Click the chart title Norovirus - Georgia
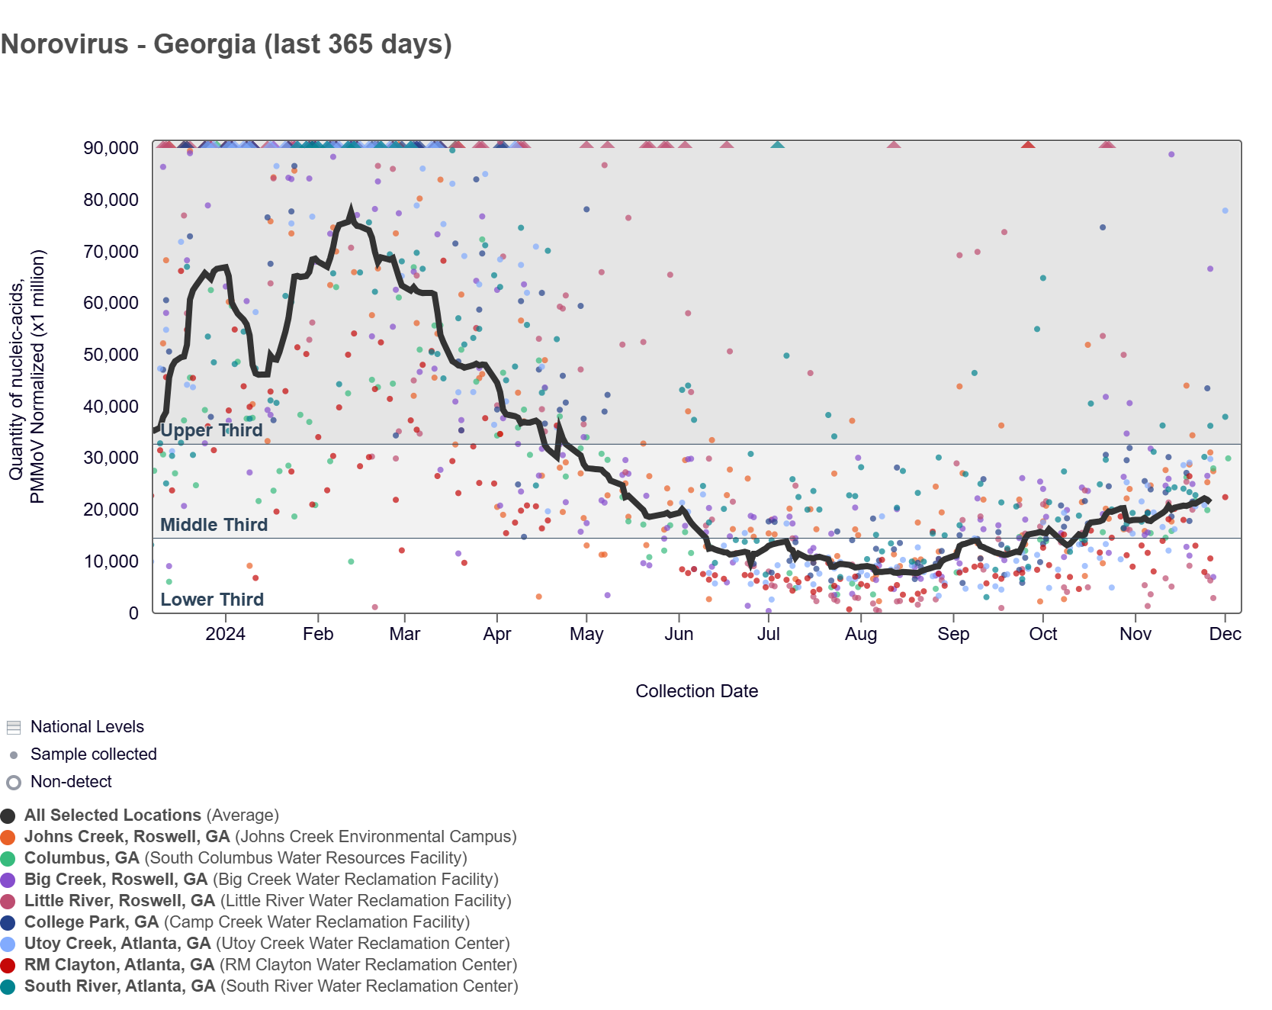point(226,44)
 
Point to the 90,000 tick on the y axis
point(111,148)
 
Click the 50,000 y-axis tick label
point(111,355)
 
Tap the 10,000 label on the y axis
point(111,561)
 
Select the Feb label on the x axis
point(318,634)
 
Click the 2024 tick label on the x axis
point(226,634)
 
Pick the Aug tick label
point(861,634)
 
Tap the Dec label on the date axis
point(1225,634)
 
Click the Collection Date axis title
point(696,691)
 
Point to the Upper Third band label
point(211,430)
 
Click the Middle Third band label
point(214,525)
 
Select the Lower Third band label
point(212,600)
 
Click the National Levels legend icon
point(14,727)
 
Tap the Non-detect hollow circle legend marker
point(14,782)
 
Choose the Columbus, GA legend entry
point(246,858)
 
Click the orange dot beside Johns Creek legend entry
point(8,837)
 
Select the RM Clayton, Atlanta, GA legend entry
point(271,965)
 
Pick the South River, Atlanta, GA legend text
point(271,986)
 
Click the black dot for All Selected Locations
point(8,815)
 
